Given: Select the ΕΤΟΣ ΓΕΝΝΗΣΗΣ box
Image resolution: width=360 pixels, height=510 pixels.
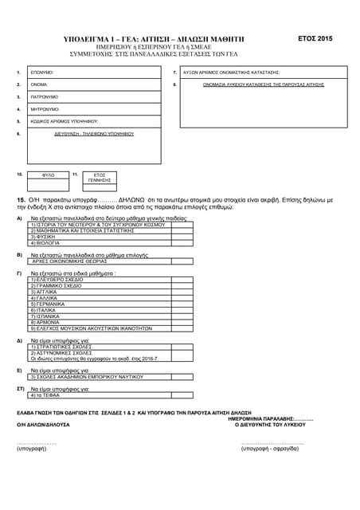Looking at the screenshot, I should [x=100, y=177].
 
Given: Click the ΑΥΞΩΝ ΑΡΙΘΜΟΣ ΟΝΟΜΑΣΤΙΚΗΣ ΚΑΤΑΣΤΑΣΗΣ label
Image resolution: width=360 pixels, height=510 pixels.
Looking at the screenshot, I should [x=231, y=72].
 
